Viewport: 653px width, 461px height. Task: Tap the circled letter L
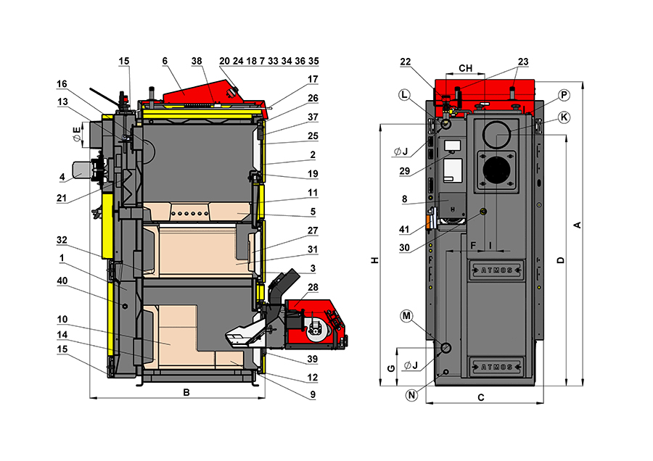coord(404,96)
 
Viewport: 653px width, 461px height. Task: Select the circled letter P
coord(564,95)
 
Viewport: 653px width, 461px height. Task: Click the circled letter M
coord(406,315)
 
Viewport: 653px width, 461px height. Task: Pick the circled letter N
coord(411,395)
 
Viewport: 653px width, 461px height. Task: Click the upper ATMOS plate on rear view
coord(493,271)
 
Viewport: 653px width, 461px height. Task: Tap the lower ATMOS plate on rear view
coord(493,365)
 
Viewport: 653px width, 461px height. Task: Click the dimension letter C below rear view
coord(481,397)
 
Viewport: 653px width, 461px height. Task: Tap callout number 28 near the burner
coord(312,288)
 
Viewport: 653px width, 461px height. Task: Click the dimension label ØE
coord(76,133)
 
